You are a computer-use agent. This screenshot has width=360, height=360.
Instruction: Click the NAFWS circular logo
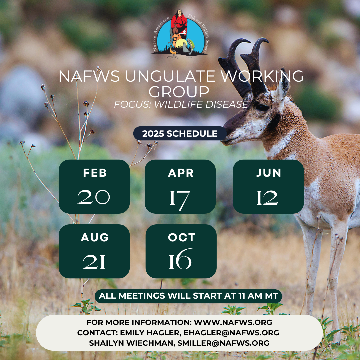179,34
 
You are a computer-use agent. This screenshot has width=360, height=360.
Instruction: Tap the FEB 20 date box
94,187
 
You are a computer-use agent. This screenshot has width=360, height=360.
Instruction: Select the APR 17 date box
180,187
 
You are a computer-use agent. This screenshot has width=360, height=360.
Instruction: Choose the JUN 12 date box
268,187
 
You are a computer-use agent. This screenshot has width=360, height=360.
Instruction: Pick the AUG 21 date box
94,251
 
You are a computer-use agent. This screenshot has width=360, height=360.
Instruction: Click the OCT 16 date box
181,251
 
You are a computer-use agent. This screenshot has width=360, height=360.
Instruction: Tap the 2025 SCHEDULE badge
180,133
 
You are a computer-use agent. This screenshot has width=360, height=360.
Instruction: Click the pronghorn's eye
262,107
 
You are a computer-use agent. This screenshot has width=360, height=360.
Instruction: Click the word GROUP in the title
179,92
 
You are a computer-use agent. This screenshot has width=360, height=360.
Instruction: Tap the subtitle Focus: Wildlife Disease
181,104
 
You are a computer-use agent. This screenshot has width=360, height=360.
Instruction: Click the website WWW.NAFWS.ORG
233,322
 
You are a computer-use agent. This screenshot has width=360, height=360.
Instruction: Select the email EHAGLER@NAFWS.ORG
231,333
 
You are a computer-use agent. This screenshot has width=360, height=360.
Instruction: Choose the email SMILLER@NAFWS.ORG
223,343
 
